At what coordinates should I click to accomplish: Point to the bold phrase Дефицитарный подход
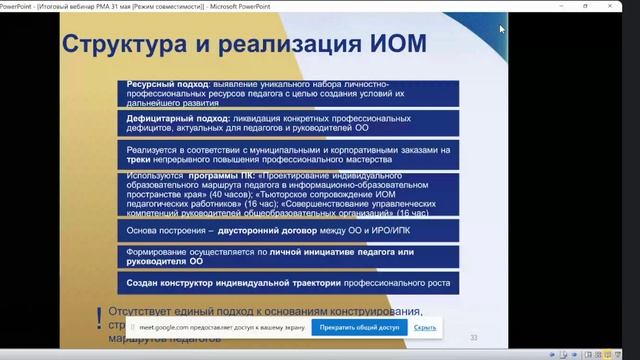[169, 117]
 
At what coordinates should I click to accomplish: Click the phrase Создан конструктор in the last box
[169, 283]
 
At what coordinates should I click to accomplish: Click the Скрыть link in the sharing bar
[425, 327]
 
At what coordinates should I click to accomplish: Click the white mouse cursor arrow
[502, 29]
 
